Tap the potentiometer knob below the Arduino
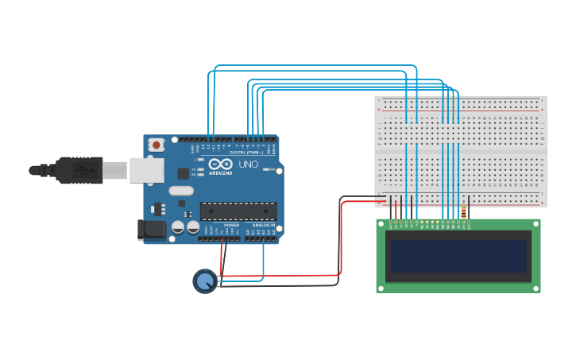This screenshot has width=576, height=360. click(x=204, y=281)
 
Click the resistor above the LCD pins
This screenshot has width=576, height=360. click(x=463, y=211)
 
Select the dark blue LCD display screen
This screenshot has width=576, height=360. click(x=458, y=256)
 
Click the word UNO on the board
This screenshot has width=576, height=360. click(x=248, y=165)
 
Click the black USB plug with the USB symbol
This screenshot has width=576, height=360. click(x=79, y=170)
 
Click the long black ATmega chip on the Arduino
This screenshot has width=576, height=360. click(x=238, y=211)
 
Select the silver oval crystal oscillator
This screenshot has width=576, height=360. click(x=181, y=190)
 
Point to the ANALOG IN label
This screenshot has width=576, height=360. click(x=264, y=226)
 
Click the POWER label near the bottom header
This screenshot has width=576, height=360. click(x=231, y=226)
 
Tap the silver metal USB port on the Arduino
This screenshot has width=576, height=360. click(x=146, y=170)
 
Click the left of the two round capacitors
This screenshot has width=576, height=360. click(x=178, y=227)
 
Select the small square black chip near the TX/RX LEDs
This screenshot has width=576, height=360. click(x=184, y=172)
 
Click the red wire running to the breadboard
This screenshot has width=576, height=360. click(x=342, y=238)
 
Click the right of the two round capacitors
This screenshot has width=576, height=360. click(x=193, y=227)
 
